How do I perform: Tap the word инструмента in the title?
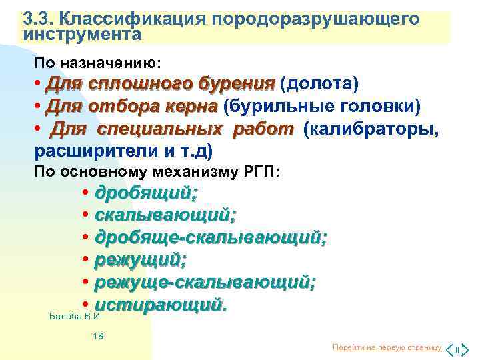[81, 33]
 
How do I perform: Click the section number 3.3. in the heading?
[37, 19]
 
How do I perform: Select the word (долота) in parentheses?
[319, 84]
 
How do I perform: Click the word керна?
[191, 107]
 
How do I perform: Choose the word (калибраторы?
[371, 129]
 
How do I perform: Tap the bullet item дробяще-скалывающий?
[211, 238]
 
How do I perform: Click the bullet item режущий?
[141, 260]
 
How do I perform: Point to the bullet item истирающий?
[161, 305]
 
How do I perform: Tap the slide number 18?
[98, 337]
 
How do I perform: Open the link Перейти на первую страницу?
[387, 348]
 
